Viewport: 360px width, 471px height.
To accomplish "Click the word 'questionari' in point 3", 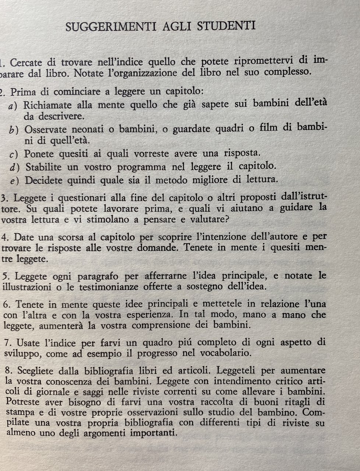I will pyautogui.click(x=80, y=198).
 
